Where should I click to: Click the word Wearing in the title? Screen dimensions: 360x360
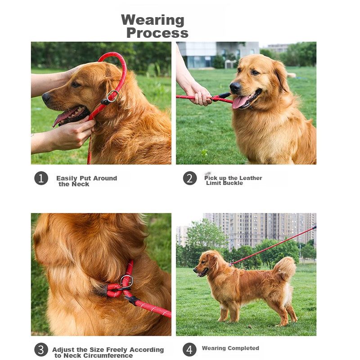tap(153, 20)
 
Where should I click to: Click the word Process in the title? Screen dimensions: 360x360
tap(157, 33)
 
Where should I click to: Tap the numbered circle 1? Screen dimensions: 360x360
tap(41, 178)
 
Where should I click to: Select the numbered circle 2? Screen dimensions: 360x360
tap(190, 178)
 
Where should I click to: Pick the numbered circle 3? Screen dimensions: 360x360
tap(41, 350)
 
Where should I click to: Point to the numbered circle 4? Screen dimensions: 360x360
tap(189, 350)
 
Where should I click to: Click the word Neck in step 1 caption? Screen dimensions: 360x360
tap(80, 184)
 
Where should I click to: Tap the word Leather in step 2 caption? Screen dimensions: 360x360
tap(251, 178)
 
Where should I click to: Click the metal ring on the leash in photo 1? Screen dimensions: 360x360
tap(112, 96)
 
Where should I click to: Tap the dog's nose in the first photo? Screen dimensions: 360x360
tap(46, 97)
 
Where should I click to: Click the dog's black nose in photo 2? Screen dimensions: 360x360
tap(235, 87)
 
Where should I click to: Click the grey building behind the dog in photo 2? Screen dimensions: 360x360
tap(218, 54)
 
